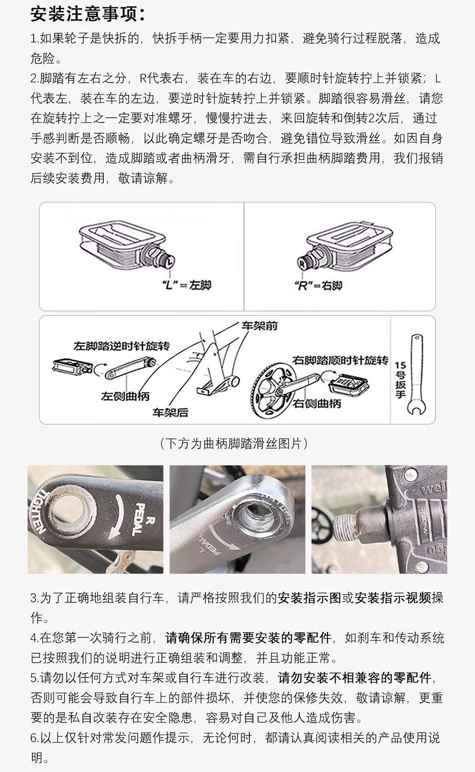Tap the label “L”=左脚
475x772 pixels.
(187, 285)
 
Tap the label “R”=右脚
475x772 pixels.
(319, 286)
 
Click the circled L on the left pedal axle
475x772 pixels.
(170, 261)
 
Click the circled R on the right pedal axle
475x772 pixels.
(302, 262)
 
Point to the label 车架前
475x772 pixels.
(260, 326)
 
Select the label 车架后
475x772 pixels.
(171, 412)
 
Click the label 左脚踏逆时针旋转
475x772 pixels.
(122, 346)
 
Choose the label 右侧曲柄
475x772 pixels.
(317, 404)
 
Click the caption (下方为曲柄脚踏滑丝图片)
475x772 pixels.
(234, 443)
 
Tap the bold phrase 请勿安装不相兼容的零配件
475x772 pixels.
(354, 678)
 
